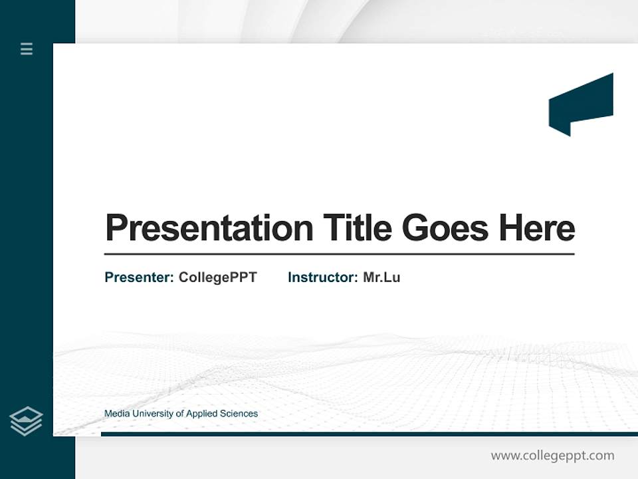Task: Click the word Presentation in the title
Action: click(209, 228)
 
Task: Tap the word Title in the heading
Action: click(357, 228)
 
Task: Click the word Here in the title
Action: click(537, 228)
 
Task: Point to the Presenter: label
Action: click(139, 277)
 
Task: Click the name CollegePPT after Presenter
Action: click(217, 277)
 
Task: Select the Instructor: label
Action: click(322, 277)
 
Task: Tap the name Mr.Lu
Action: click(381, 277)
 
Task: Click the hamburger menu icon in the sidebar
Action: click(27, 49)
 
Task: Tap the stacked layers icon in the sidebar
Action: click(26, 421)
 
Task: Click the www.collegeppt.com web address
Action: click(552, 456)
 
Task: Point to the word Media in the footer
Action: click(117, 414)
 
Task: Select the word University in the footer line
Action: click(154, 414)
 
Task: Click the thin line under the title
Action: click(339, 253)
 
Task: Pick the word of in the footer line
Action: click(180, 414)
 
